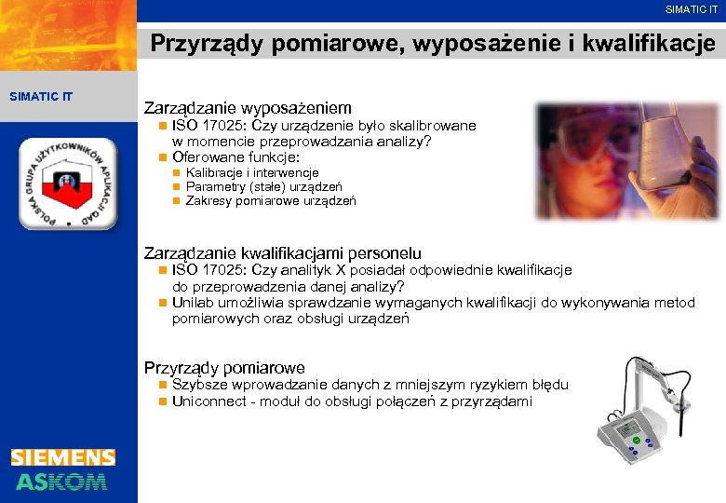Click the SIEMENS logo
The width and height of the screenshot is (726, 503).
tap(63, 457)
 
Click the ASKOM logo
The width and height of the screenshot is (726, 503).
tap(61, 481)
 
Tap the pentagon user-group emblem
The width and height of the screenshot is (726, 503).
tap(68, 184)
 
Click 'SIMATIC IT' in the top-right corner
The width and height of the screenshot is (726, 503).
tap(692, 9)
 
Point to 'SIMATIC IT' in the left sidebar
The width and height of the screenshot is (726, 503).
tap(40, 96)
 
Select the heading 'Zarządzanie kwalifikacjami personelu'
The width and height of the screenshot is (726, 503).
tap(282, 252)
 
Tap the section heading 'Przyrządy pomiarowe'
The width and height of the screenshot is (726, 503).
tap(224, 368)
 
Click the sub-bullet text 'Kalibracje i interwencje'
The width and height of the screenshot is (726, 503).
tap(252, 172)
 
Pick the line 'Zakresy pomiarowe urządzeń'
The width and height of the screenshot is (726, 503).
tap(271, 200)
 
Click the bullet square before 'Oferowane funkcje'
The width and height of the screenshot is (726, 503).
tap(163, 157)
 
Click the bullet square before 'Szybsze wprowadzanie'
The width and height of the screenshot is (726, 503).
tap(163, 385)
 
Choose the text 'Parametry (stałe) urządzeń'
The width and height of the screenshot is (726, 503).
tap(263, 186)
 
